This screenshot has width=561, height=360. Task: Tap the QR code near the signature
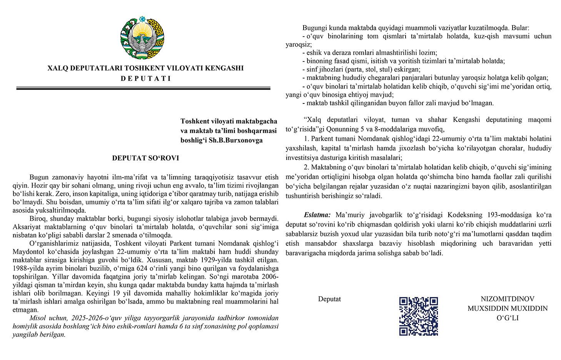click(x=418, y=316)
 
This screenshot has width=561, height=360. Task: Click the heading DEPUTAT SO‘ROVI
click(x=145, y=158)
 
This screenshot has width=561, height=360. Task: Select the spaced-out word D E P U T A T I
click(x=145, y=78)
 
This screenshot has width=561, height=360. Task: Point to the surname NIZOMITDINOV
click(x=507, y=299)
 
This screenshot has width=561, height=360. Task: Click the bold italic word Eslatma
click(x=317, y=214)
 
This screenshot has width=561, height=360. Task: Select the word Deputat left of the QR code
click(x=329, y=299)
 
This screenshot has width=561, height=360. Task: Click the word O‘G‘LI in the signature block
click(x=507, y=317)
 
